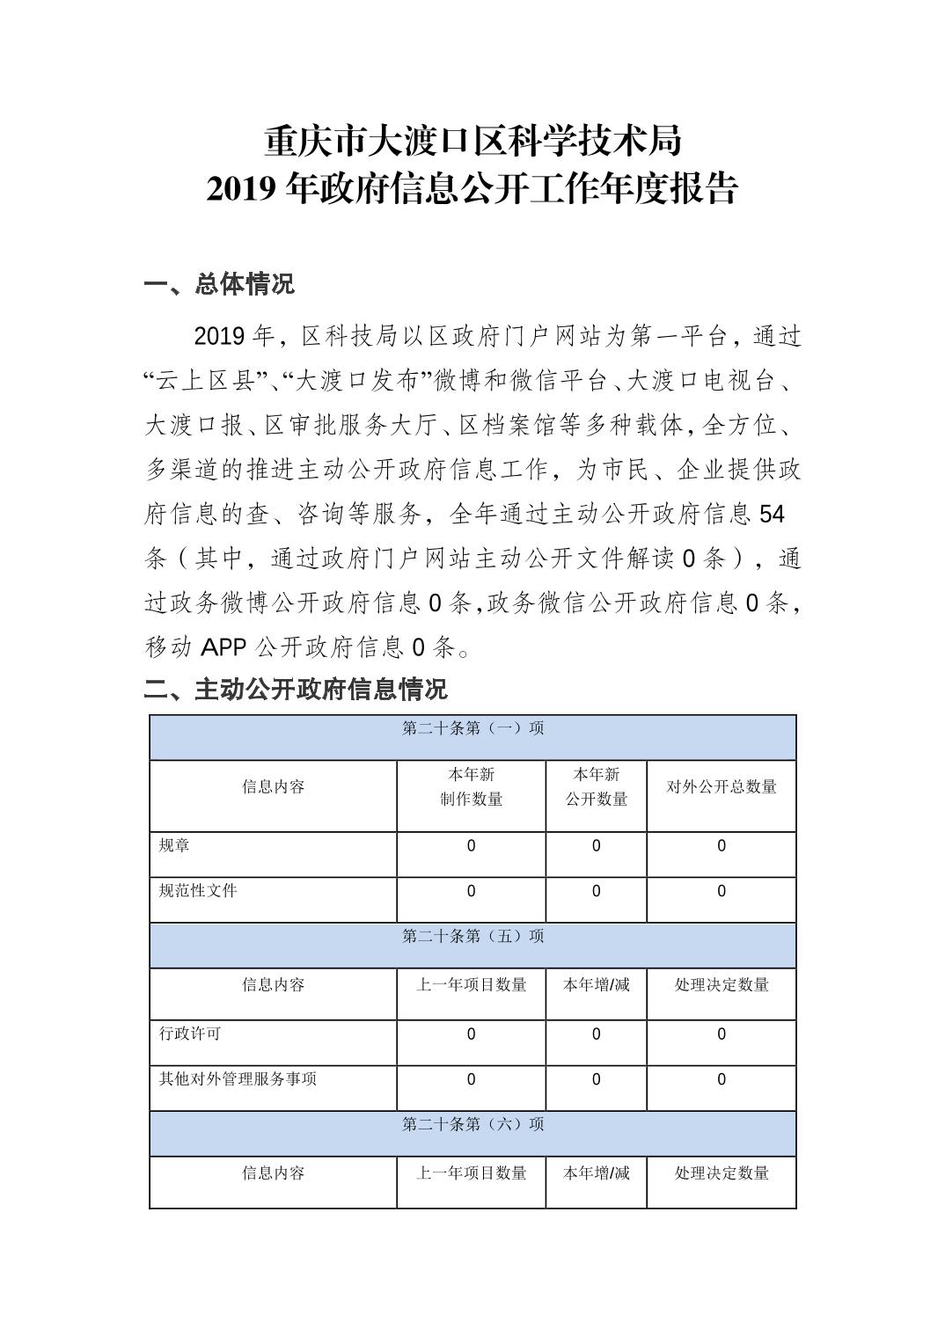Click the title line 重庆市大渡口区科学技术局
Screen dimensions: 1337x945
pyautogui.click(x=472, y=141)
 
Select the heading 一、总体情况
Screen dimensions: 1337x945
pyautogui.click(x=219, y=284)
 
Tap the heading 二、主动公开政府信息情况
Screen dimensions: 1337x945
pyautogui.click(x=296, y=689)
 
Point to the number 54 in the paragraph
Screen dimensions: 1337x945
pyautogui.click(x=771, y=514)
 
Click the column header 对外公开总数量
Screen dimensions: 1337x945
pyautogui.click(x=722, y=787)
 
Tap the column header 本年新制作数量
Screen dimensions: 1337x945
pyautogui.click(x=471, y=786)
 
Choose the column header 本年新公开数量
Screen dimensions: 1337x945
pyautogui.click(x=596, y=786)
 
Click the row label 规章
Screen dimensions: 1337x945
pyautogui.click(x=174, y=846)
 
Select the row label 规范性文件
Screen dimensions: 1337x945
pyautogui.click(x=198, y=891)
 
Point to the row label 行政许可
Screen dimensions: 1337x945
pyautogui.click(x=189, y=1034)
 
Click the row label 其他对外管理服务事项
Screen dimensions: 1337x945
pyautogui.click(x=238, y=1079)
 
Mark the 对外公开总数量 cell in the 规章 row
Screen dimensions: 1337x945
pyautogui.click(x=722, y=846)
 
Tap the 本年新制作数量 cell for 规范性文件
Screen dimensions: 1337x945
pyautogui.click(x=471, y=892)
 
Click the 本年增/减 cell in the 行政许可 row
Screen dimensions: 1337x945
pyautogui.click(x=596, y=1034)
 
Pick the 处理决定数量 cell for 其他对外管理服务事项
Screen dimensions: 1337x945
pyautogui.click(x=722, y=1080)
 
